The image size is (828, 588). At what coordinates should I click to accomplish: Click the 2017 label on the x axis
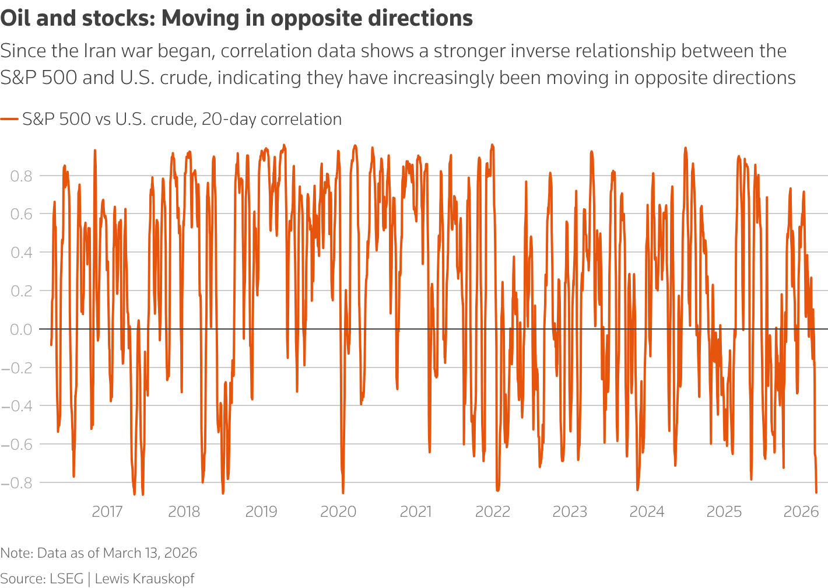coord(107,512)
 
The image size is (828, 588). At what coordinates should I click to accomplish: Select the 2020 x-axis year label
coord(338,512)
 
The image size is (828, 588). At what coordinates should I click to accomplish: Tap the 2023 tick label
coord(570,512)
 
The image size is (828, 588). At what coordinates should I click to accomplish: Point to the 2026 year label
coord(801,512)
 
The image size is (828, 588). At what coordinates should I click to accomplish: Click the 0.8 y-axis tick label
coord(21,176)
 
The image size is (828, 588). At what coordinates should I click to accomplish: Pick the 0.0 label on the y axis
coord(21,329)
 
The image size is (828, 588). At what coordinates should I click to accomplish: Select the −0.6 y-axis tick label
coord(17,444)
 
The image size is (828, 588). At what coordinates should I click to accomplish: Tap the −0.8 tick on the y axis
coord(17,482)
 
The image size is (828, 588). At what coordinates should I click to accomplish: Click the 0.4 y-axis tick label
coord(21,253)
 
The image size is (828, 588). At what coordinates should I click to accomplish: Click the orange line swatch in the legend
coord(9,120)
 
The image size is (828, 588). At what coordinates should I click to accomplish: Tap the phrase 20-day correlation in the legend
coord(272,120)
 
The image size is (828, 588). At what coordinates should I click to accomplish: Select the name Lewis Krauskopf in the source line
coord(144,579)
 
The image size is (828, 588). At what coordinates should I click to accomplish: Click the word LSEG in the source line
coord(66,579)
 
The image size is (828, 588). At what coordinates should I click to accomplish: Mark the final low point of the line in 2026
coord(816,492)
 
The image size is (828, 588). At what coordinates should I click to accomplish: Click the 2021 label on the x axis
coord(416,512)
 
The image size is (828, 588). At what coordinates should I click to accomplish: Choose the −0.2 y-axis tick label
coord(17,367)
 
